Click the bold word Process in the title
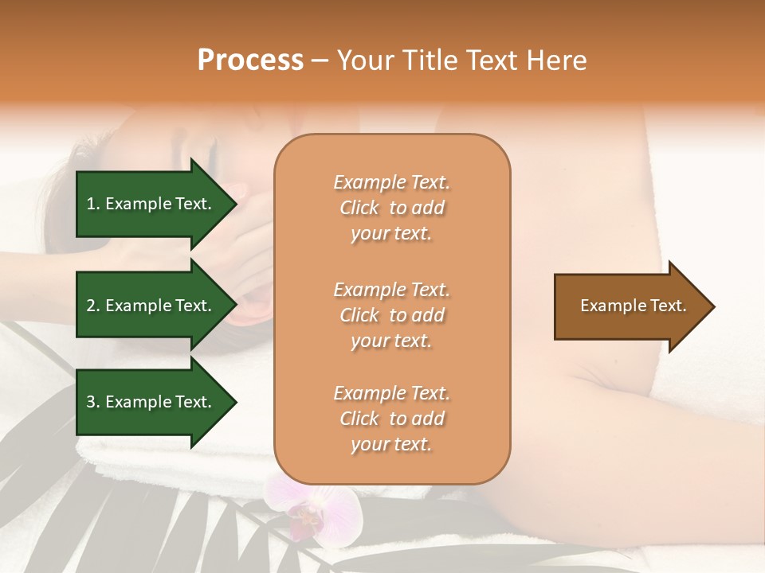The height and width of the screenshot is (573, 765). coord(250,60)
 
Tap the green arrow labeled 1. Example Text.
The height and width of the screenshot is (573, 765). coord(151,204)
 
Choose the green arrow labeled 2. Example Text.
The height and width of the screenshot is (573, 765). coord(151,306)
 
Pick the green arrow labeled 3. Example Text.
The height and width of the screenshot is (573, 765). coord(151,402)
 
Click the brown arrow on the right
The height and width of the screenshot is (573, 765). coord(630,306)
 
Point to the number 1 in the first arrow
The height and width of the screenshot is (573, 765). coord(91,204)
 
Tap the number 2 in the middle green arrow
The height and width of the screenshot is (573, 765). coord(91,306)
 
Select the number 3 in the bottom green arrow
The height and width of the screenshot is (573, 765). coord(91,402)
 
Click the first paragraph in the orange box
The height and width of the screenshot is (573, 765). coord(391,208)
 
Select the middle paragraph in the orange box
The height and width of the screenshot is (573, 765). coord(391,315)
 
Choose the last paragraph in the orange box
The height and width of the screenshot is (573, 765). coord(391,419)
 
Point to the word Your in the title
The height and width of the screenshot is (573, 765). coord(366,60)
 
